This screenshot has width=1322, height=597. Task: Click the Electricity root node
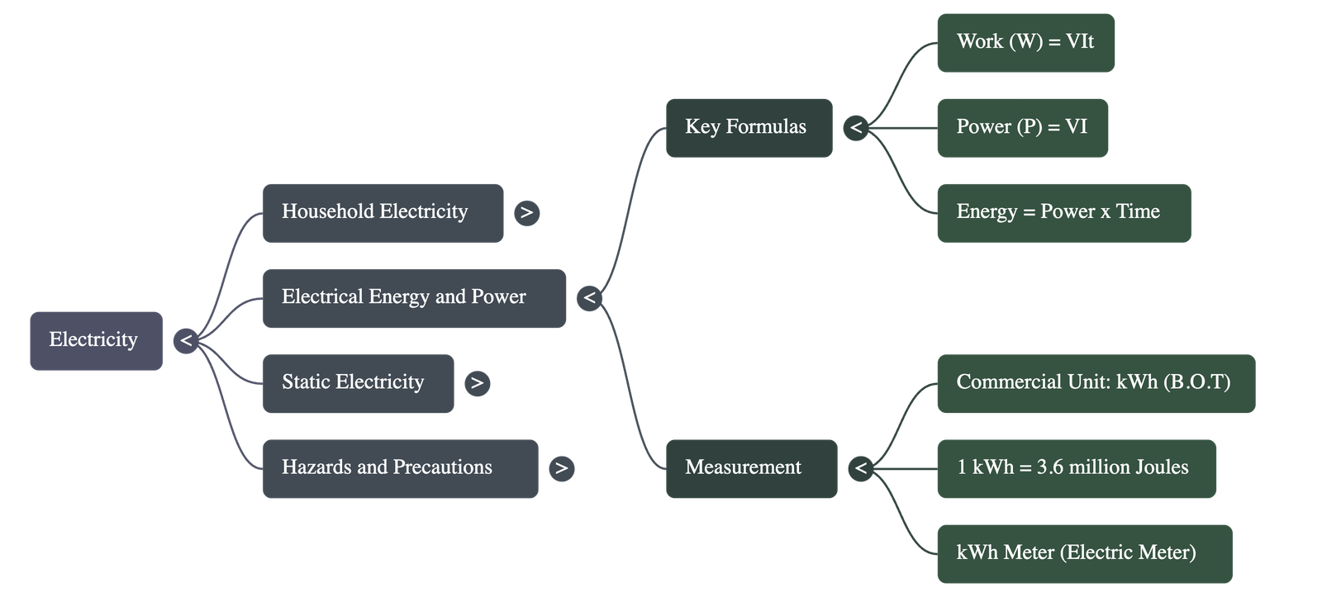tap(96, 340)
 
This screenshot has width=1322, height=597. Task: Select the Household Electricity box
tap(383, 212)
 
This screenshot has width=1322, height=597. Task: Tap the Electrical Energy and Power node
tap(414, 297)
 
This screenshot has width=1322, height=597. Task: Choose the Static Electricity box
tap(358, 383)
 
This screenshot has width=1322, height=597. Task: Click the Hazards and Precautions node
tap(400, 468)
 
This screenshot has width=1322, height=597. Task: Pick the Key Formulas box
tap(749, 127)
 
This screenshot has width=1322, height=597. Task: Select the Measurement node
tap(750, 468)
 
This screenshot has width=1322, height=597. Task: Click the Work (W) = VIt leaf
tap(1025, 42)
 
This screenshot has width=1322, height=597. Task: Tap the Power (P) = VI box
tap(1022, 127)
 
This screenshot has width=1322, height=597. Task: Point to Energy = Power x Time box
tap(1063, 212)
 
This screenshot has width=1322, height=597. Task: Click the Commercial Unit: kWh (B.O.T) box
tap(1096, 383)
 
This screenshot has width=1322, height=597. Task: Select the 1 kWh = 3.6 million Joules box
tap(1076, 468)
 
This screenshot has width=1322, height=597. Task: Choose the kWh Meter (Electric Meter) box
tap(1084, 553)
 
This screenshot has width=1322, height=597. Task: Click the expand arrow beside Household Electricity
tap(526, 213)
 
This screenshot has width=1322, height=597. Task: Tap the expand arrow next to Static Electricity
tap(477, 383)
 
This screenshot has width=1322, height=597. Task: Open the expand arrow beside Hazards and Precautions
tap(561, 468)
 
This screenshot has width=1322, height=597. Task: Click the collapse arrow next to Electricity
tap(185, 340)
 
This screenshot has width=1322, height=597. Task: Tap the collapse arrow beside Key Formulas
tap(856, 128)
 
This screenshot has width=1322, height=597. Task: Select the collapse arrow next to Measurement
tap(861, 468)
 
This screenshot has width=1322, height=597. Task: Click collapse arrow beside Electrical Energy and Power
tap(589, 297)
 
